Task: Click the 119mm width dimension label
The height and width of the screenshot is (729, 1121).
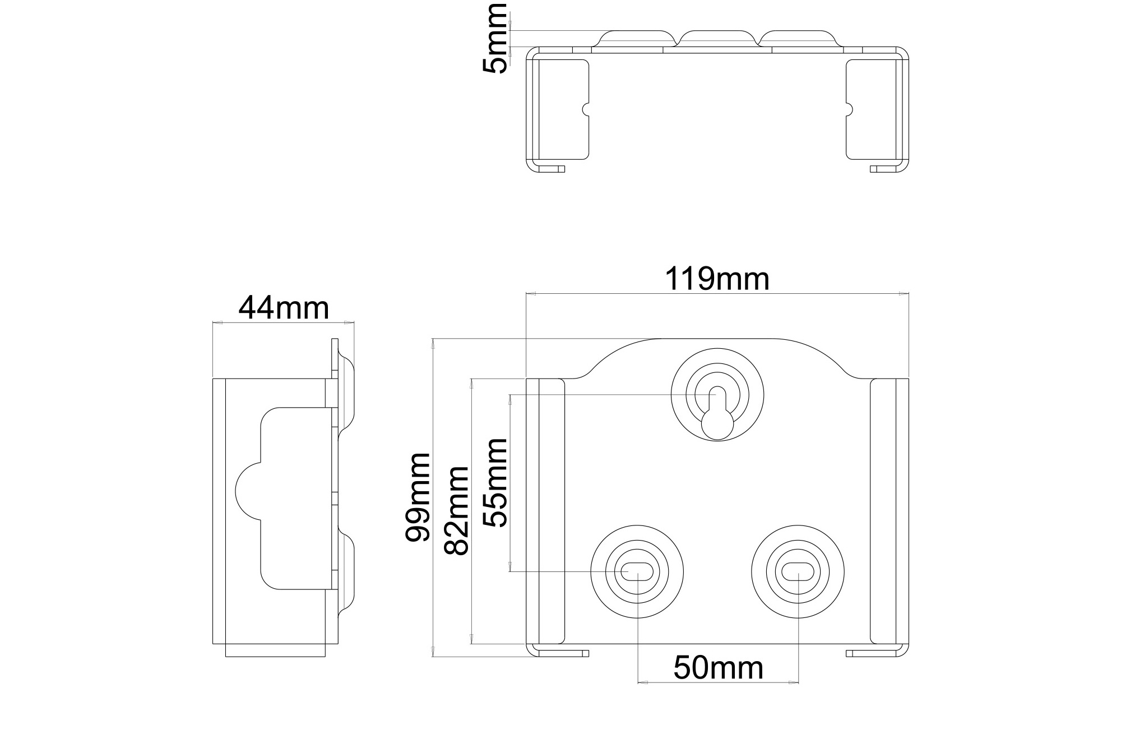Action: (717, 279)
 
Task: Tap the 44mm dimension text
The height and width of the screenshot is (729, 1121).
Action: (284, 308)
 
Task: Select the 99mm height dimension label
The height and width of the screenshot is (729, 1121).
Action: (418, 497)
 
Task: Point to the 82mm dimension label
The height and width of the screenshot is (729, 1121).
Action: (456, 511)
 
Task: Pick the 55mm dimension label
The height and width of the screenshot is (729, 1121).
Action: (495, 482)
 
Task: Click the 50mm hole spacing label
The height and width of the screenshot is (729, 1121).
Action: (718, 668)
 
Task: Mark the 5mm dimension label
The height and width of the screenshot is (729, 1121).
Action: (495, 38)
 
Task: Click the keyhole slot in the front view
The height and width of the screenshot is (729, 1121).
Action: (717, 412)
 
